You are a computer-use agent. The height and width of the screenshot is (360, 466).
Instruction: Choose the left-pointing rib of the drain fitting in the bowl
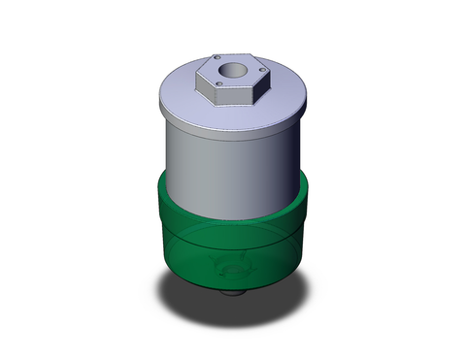coord(216,272)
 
